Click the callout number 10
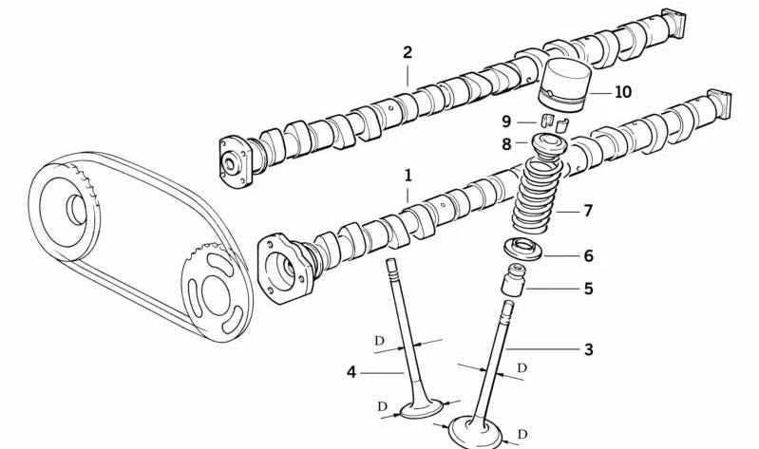click(x=623, y=92)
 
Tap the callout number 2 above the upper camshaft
click(x=408, y=52)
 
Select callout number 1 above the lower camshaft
click(x=408, y=176)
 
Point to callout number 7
click(x=588, y=211)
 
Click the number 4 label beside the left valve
click(x=351, y=373)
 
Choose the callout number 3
click(x=588, y=349)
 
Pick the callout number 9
click(x=506, y=121)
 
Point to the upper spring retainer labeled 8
click(x=548, y=146)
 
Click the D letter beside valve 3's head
click(x=522, y=434)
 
